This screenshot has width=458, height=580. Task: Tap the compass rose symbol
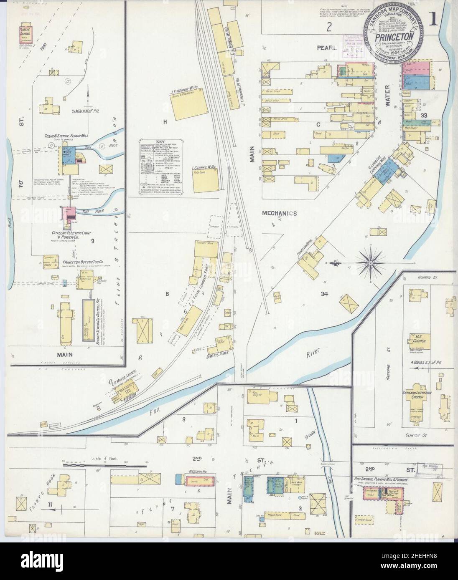[x=371, y=263]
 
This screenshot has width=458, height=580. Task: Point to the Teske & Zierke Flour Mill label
[x=69, y=137]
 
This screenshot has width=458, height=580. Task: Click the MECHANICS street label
[x=279, y=213]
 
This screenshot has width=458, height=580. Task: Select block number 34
[x=324, y=294]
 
